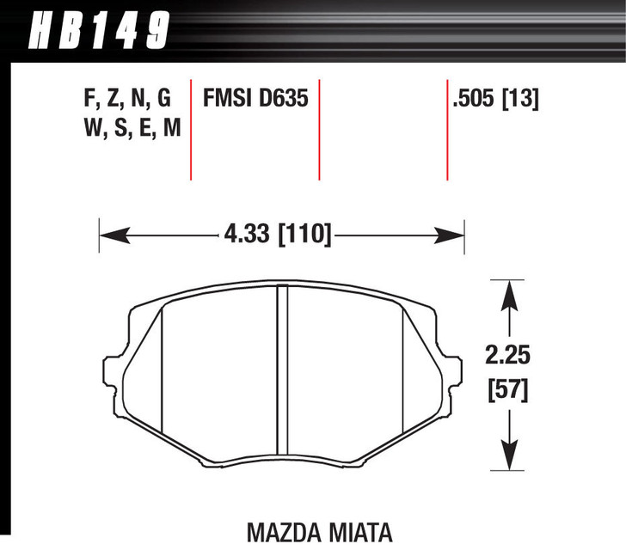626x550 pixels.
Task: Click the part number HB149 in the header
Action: (98, 32)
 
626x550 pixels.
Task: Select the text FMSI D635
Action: (255, 100)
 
